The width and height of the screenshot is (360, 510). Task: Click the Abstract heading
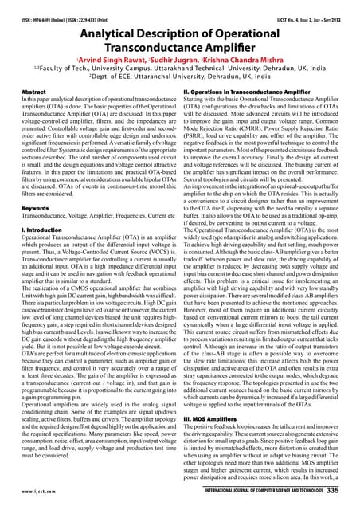pyautogui.click(x=29, y=92)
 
